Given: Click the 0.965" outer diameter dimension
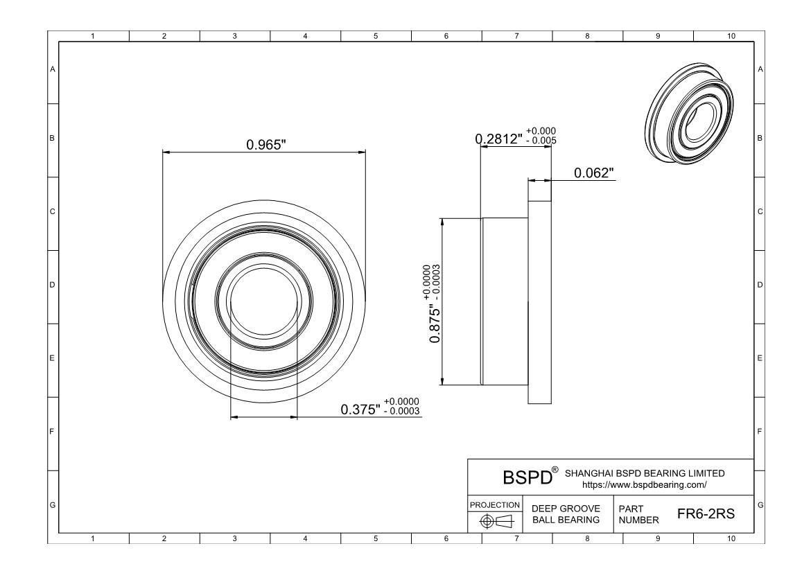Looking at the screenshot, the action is [x=266, y=144].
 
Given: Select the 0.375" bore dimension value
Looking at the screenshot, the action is [x=360, y=409].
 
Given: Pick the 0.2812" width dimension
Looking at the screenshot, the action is [x=499, y=139].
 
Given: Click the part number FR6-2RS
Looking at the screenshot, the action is [x=706, y=513].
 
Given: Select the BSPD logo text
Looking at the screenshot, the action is [x=527, y=477].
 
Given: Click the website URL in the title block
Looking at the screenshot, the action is [x=644, y=484].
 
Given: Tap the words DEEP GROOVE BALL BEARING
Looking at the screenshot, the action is [x=566, y=514].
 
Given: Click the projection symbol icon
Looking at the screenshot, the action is [x=496, y=521].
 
